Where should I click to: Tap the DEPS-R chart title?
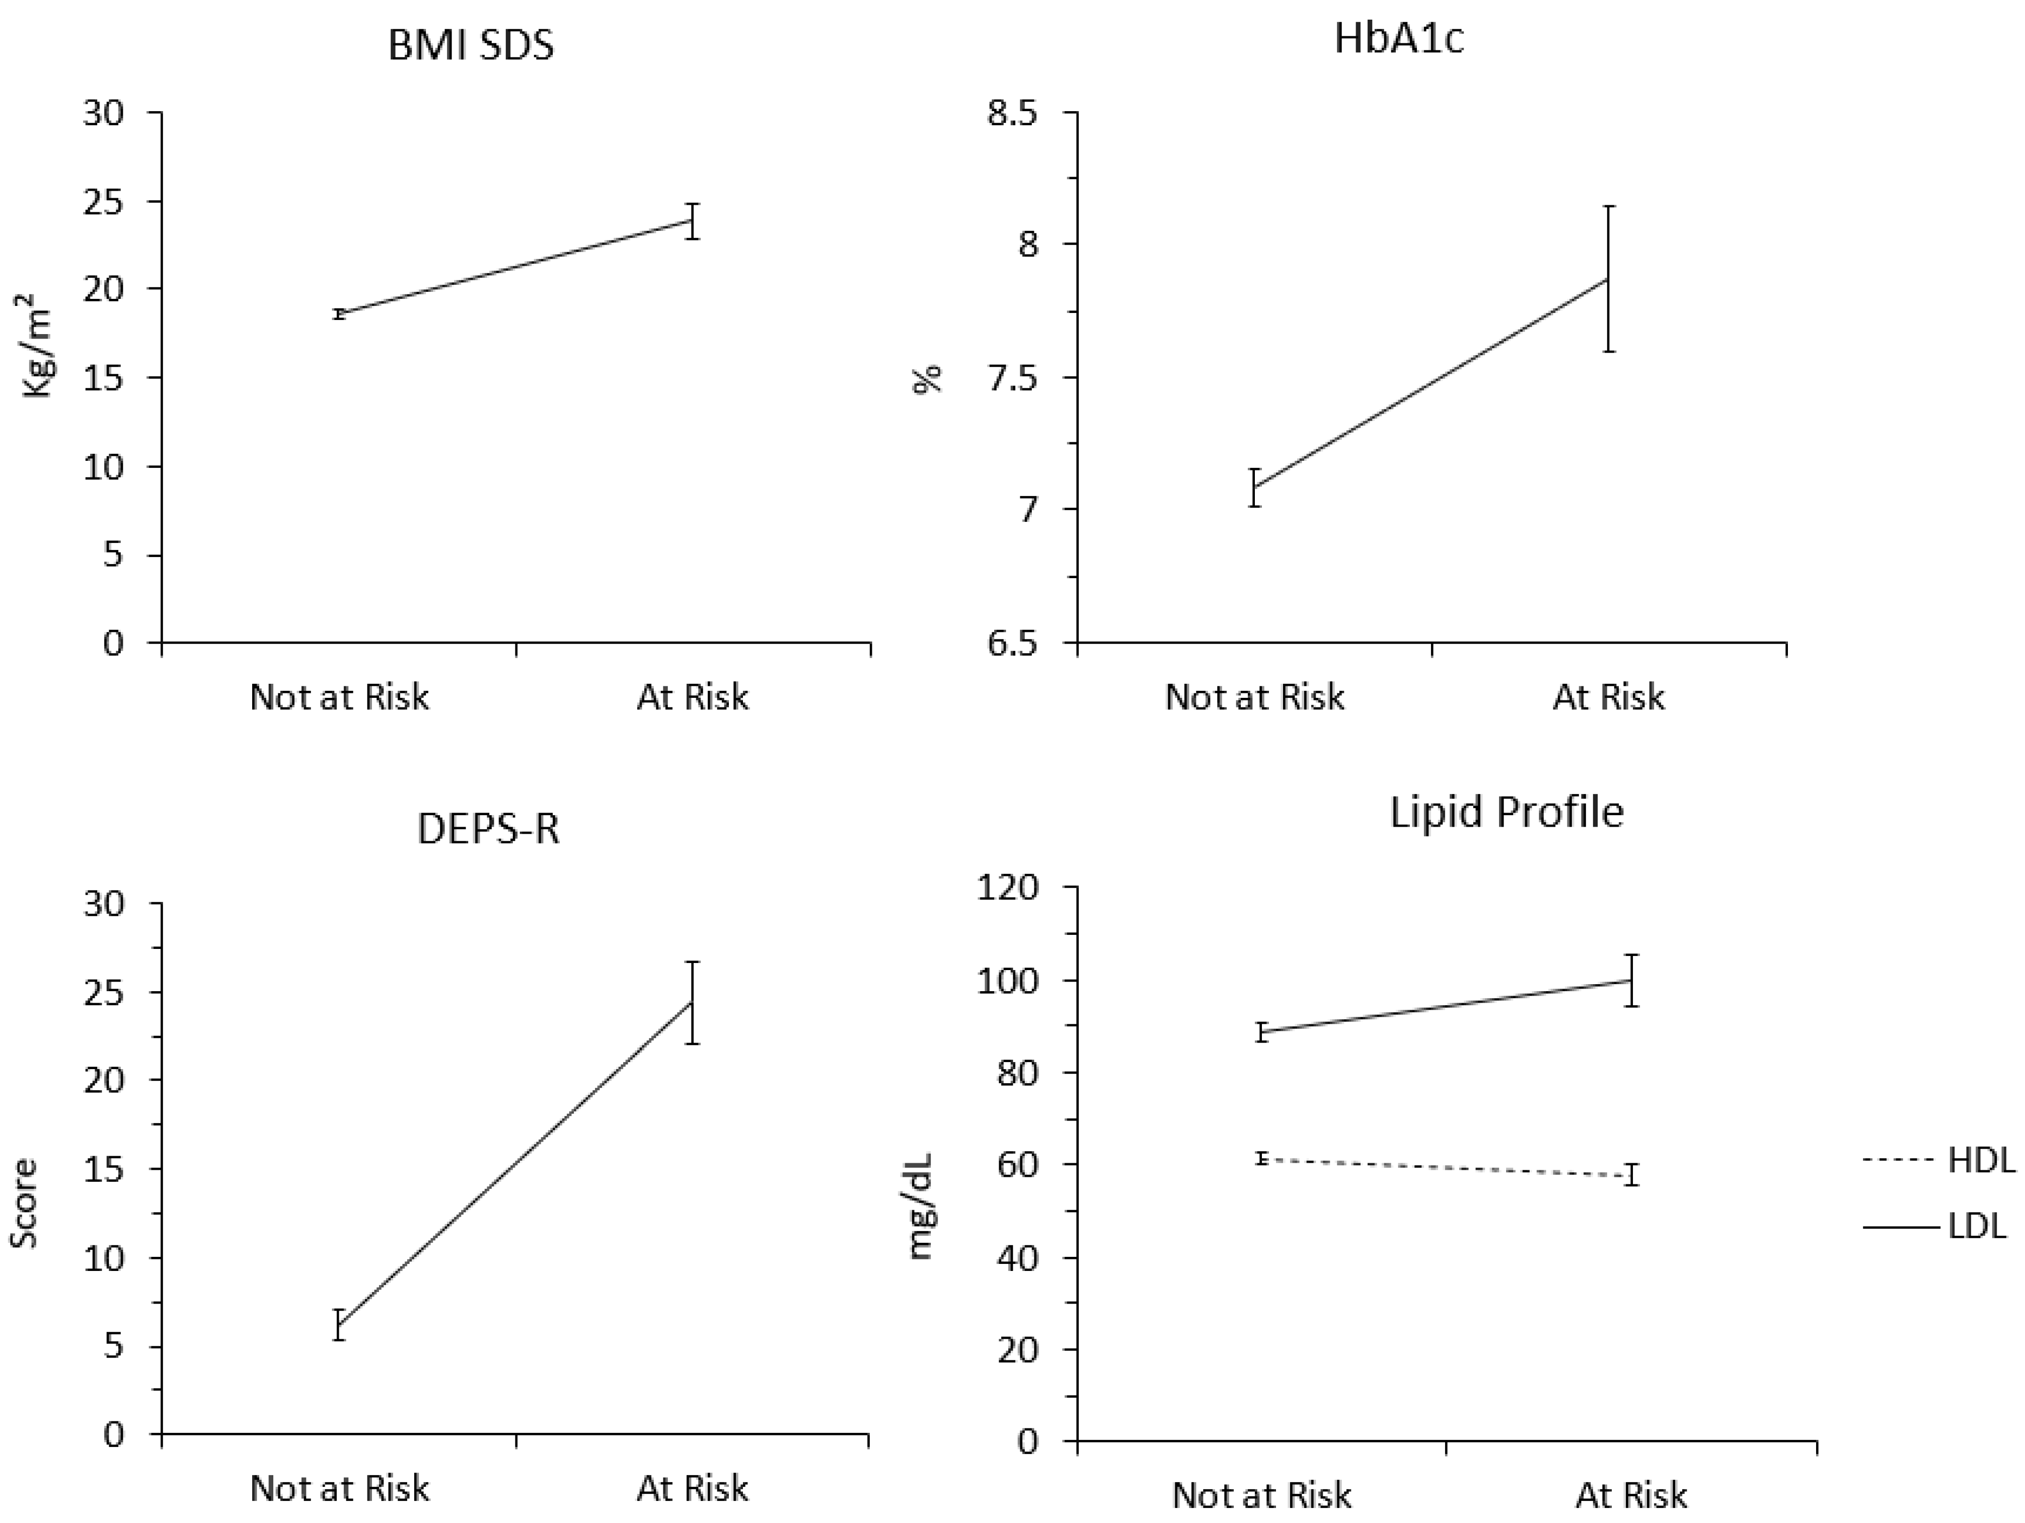[488, 829]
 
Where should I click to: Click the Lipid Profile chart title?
[1506, 813]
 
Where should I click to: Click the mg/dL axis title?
[921, 1207]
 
